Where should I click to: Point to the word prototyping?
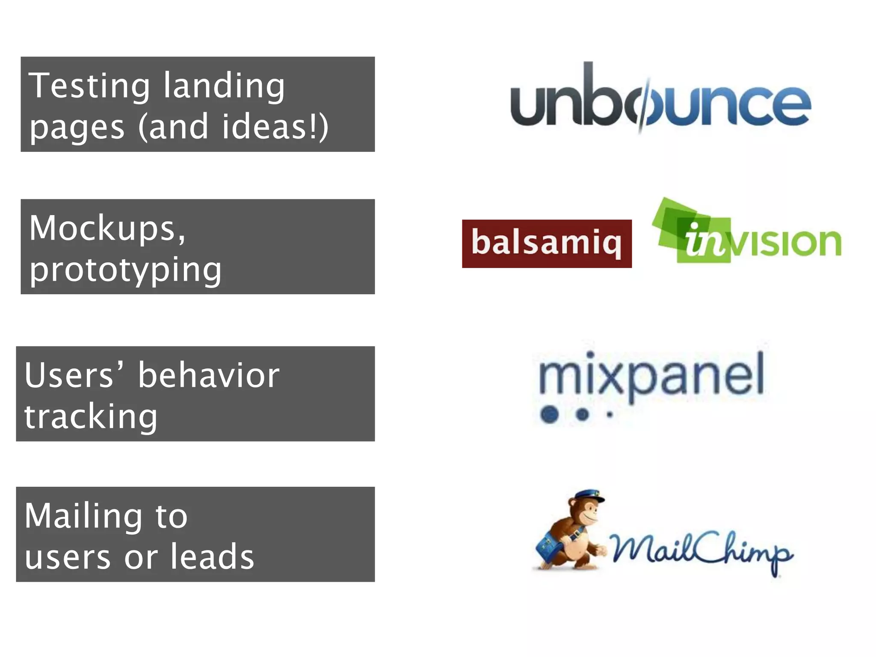click(125, 270)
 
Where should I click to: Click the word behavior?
click(208, 375)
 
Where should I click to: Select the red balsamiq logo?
click(546, 243)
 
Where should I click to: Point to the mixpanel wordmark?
click(651, 374)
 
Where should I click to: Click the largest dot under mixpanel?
click(550, 414)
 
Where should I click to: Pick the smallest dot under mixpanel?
click(610, 414)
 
